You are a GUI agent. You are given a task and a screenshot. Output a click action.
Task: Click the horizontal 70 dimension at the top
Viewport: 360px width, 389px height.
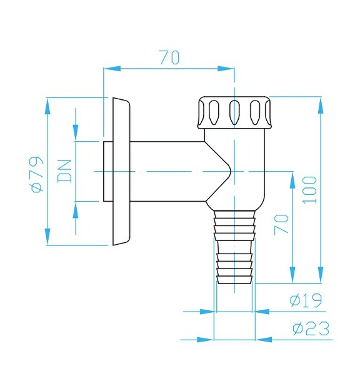pos(169,58)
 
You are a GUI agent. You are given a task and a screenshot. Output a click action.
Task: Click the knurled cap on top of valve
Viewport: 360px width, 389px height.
pos(234,112)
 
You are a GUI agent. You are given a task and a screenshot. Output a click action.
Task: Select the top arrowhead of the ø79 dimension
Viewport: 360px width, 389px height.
pos(47,106)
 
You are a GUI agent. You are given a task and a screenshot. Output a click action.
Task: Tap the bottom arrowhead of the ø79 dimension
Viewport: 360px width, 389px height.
pos(47,237)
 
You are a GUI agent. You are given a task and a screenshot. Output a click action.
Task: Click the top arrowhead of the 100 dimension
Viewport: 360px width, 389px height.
pos(321,105)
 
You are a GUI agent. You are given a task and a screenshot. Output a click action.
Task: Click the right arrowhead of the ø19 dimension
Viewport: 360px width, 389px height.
pos(263,311)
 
